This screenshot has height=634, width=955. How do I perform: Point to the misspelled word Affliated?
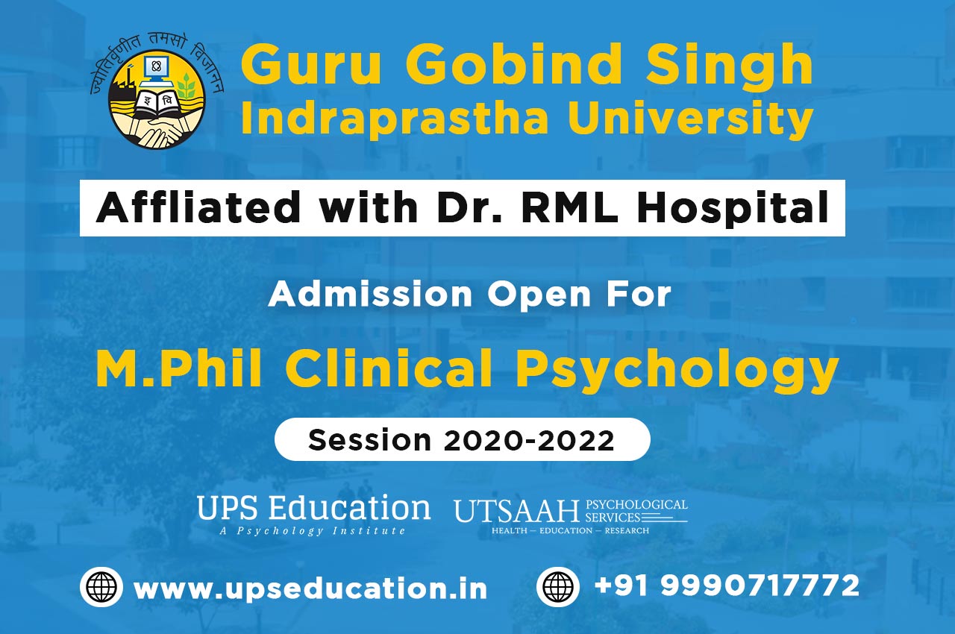pos(198,207)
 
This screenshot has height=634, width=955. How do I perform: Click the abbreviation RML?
pos(569,207)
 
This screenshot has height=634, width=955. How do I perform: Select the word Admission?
pos(370,294)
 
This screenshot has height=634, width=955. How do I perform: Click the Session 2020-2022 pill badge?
pos(462,439)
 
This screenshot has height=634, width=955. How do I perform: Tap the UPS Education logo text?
pos(313,508)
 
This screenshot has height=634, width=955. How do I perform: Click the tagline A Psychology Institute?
pos(313,531)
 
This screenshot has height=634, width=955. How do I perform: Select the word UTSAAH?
pos(517,511)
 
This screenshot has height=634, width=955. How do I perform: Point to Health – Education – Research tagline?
pos(571,531)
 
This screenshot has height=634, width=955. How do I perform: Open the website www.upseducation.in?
pos(310,589)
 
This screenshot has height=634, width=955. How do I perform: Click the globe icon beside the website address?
pos(101,587)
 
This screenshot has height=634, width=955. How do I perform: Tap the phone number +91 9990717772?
pos(727,586)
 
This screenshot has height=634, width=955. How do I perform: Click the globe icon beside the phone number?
pos(557,586)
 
